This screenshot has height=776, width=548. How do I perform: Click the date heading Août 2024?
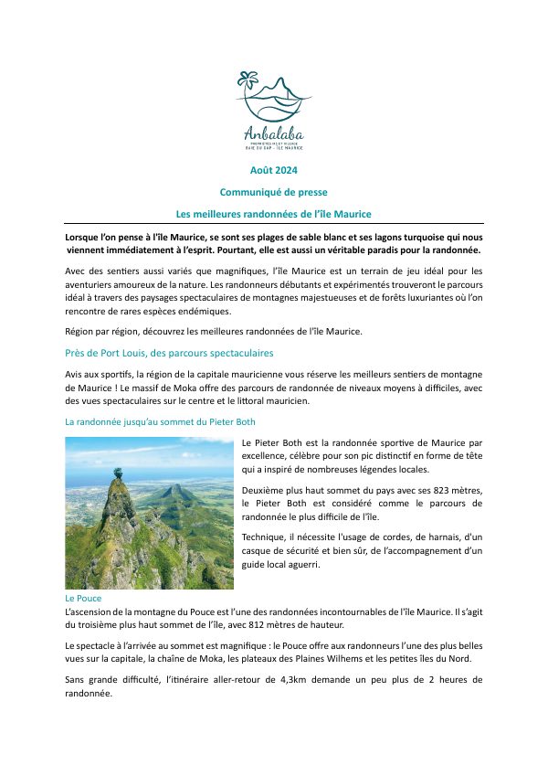[x=273, y=170]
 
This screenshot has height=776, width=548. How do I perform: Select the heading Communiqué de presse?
[x=273, y=192]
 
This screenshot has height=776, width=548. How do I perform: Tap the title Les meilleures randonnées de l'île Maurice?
[x=273, y=214]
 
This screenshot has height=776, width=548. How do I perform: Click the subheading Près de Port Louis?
[x=169, y=353]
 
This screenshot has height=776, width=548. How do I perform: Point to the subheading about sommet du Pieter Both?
[x=160, y=422]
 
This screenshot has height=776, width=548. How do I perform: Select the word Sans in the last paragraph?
[x=76, y=680]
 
